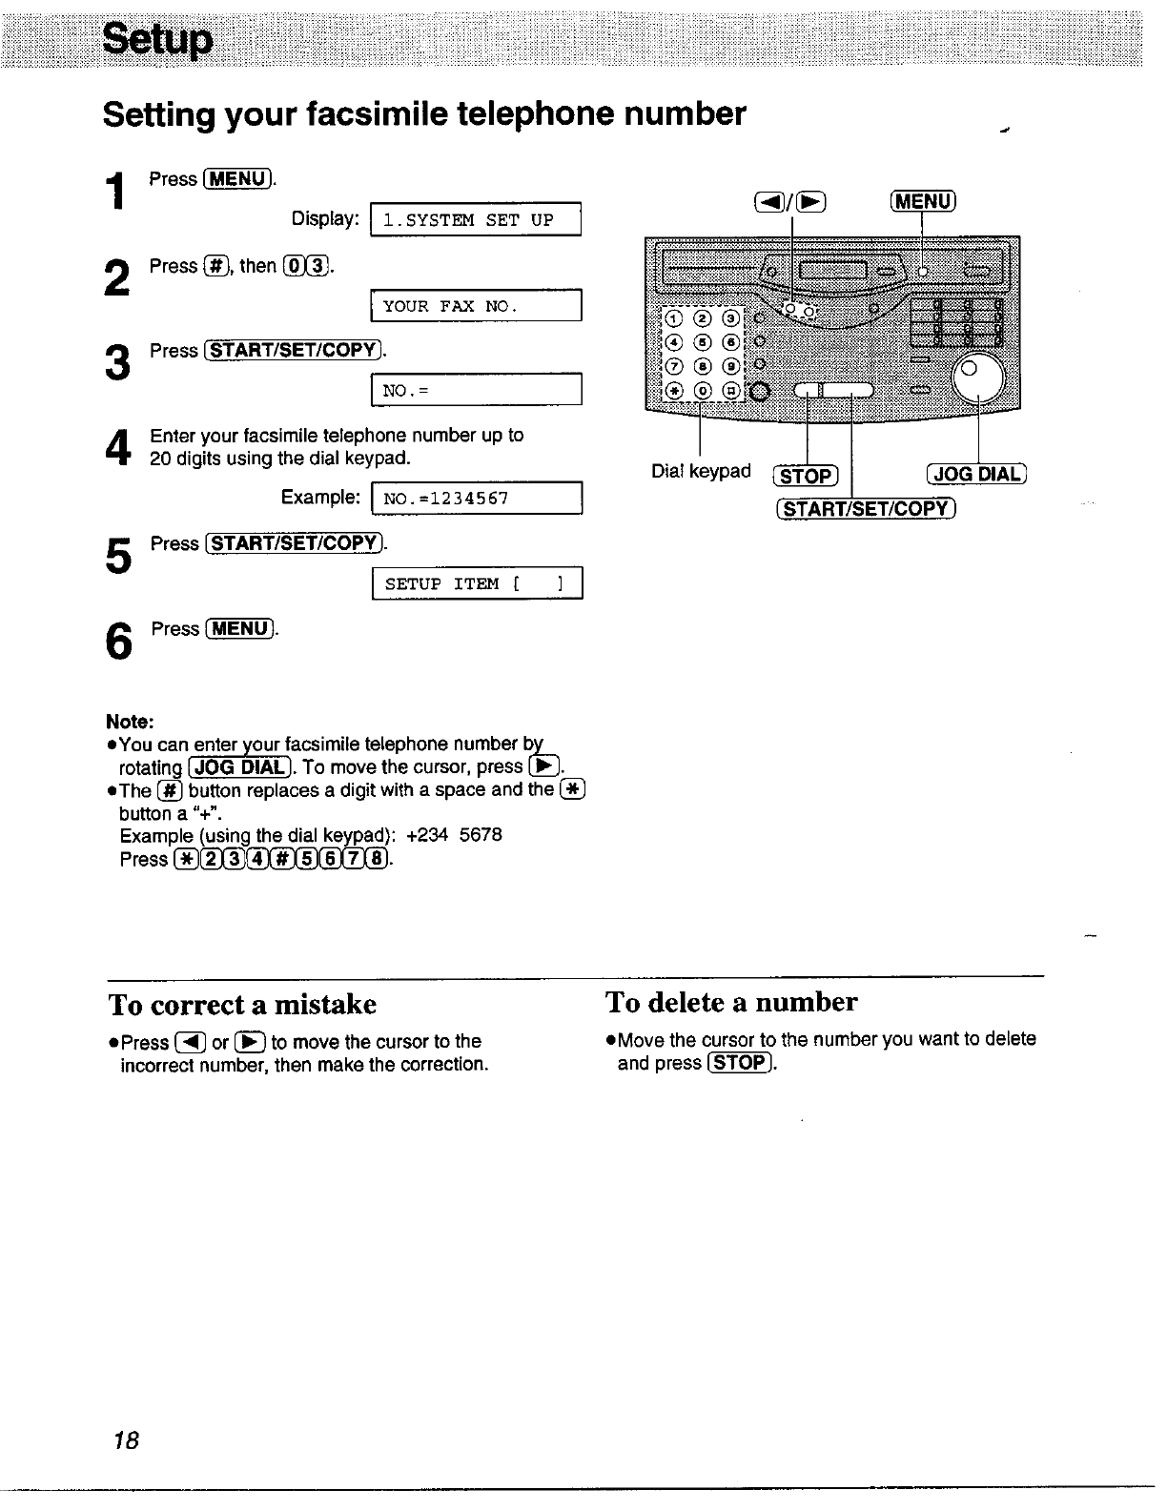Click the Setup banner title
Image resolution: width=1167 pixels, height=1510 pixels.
157,39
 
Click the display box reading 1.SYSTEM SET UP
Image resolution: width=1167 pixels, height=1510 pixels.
475,219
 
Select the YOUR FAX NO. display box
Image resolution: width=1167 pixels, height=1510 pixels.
475,306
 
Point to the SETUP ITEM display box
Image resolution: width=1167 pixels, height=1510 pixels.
476,583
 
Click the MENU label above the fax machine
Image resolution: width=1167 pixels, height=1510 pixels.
922,201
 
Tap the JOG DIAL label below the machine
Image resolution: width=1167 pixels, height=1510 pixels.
976,474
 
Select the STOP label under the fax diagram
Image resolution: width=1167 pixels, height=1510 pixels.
806,475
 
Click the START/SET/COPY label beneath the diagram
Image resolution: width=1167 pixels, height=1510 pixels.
866,508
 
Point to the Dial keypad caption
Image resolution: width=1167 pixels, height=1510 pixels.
701,471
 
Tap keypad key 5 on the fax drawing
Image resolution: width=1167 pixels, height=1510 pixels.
702,341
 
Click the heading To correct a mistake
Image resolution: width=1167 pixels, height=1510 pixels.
242,1005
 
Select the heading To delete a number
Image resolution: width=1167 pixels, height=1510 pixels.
731,1002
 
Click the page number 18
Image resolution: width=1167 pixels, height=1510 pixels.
126,1439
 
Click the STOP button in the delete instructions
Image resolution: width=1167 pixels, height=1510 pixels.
739,1063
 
